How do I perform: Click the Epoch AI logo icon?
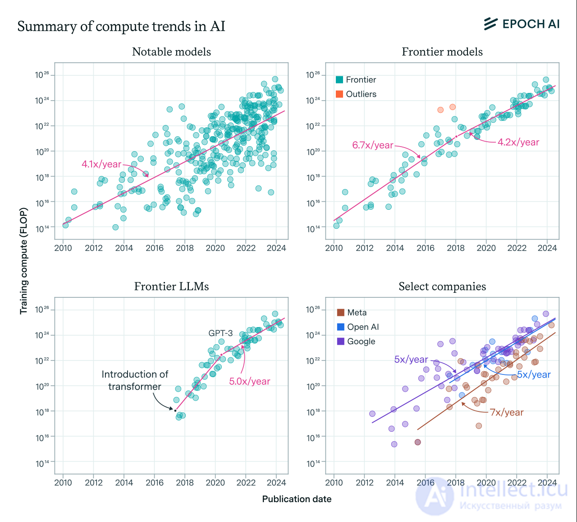[490, 24]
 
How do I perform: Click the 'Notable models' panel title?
[171, 52]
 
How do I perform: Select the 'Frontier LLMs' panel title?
[171, 286]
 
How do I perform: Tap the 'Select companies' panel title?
[442, 286]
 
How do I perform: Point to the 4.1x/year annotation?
[101, 164]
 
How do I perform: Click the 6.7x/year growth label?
[372, 145]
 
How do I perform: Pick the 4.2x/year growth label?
[518, 142]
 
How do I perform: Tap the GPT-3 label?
[220, 333]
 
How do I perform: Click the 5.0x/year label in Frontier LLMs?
[249, 381]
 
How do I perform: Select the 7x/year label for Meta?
[507, 412]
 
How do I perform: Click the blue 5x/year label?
[534, 374]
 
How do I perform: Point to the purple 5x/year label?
[411, 359]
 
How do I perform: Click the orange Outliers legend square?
[339, 94]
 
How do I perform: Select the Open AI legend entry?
[358, 327]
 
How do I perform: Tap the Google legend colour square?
[340, 342]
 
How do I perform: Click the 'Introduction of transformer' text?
[135, 380]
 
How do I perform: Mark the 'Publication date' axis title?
[297, 499]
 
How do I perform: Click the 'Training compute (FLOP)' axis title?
[23, 261]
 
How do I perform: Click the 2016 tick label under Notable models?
[155, 248]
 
